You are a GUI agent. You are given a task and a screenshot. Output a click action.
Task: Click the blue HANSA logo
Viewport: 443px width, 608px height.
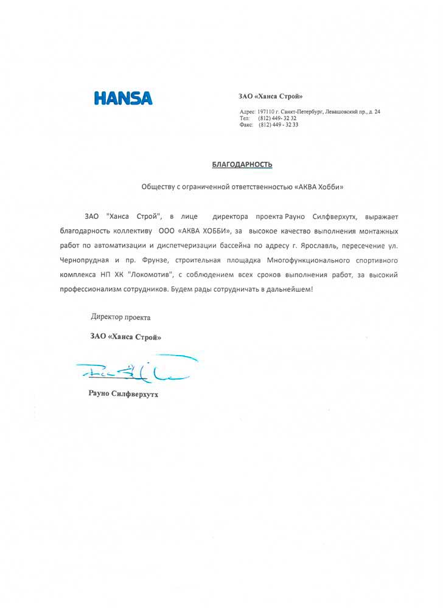pyautogui.click(x=123, y=98)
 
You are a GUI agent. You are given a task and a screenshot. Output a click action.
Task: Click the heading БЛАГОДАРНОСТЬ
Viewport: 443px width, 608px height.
pyautogui.click(x=242, y=164)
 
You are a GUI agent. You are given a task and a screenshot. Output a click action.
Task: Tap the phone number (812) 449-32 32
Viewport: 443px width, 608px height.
pyautogui.click(x=277, y=118)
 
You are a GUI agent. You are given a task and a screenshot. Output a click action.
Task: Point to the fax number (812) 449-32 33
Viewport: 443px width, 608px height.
pyautogui.click(x=278, y=125)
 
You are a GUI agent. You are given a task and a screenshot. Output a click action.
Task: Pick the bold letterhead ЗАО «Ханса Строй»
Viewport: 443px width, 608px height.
pyautogui.click(x=270, y=96)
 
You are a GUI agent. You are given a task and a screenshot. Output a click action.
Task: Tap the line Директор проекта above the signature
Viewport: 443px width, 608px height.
pyautogui.click(x=120, y=317)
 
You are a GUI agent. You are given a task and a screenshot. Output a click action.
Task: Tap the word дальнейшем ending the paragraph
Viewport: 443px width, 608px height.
pyautogui.click(x=288, y=289)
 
